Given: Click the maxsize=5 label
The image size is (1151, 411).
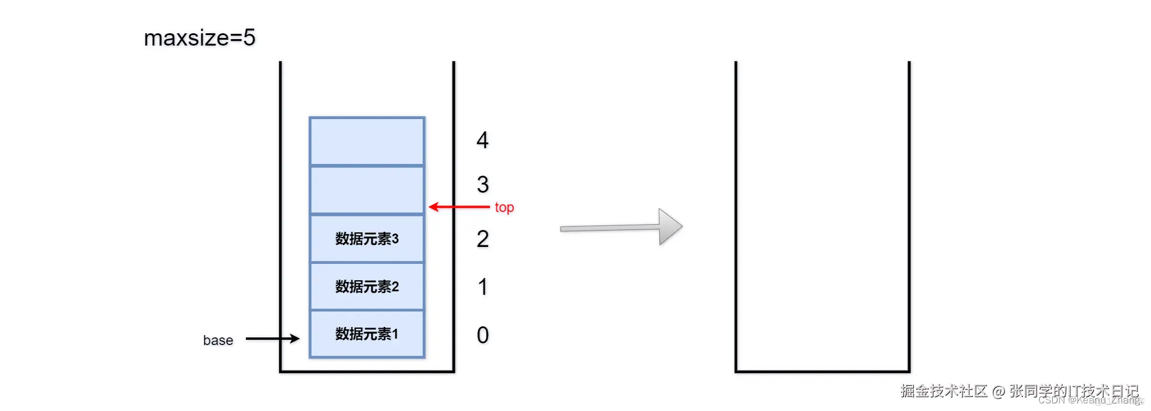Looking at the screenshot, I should click(199, 38).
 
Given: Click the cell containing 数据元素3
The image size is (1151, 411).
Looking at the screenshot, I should click(367, 239).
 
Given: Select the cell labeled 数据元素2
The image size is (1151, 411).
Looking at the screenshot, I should click(367, 287).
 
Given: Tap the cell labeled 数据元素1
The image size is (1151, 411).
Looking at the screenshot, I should click(367, 334).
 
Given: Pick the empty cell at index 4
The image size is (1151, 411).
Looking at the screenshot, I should click(367, 141).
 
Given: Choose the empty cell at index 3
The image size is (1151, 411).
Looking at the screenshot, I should click(367, 190).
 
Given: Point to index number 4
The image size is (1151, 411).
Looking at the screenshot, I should click(482, 140).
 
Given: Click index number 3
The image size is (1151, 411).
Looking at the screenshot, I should click(482, 185).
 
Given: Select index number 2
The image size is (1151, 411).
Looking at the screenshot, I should click(482, 239).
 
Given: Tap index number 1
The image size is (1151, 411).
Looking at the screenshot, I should click(482, 287).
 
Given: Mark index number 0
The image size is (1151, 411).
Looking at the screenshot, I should click(482, 335).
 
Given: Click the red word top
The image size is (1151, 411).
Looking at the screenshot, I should click(504, 208).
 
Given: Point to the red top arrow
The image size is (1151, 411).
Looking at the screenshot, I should click(459, 207).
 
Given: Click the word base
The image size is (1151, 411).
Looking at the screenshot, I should click(218, 340).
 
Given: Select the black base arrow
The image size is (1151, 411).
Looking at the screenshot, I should click(272, 338).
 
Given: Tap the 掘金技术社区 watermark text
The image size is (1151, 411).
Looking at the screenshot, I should click(944, 391).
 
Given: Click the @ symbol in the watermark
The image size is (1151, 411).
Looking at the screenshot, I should click(998, 392).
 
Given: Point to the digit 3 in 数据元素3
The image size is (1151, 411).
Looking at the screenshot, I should click(395, 239).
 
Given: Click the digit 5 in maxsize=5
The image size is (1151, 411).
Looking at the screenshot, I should click(249, 38).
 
